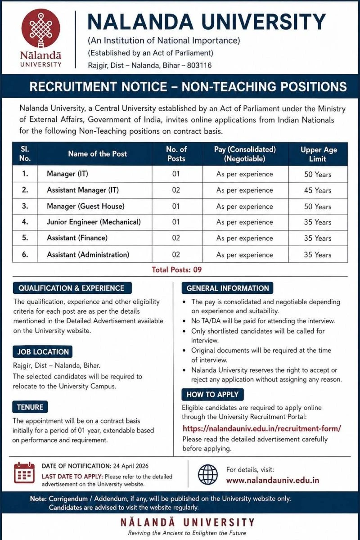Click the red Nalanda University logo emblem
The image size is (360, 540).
coord(40,28)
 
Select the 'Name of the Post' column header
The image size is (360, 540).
coord(97,154)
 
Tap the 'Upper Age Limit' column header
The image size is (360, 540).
coord(318,154)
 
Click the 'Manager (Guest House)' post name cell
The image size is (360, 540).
coord(85,207)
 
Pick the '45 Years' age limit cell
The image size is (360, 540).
coord(317,190)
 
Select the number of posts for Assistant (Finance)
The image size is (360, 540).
coord(176,238)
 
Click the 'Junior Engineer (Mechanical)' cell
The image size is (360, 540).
coord(94,222)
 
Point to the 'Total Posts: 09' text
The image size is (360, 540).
coord(176,270)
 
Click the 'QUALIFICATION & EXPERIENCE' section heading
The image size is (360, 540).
coord(71,288)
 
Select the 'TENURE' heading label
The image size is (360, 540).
coord(30,407)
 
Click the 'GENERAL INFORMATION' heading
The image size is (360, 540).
coord(227,288)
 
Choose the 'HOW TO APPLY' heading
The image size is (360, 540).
coord(212,395)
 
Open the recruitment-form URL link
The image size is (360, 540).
coord(261,428)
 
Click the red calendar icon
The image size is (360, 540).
coord(24,472)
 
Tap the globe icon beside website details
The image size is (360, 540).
coord(207,474)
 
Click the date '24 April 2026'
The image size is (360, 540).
coord(130,466)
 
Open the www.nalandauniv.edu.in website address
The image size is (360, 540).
coord(272,480)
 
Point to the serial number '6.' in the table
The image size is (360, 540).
coord(25,255)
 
